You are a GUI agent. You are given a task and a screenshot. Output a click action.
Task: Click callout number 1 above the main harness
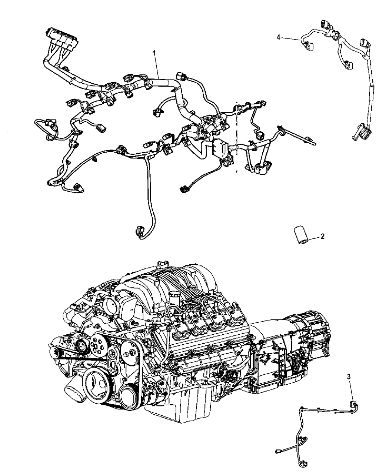[154, 54]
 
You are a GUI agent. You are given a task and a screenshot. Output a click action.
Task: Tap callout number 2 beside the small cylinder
[322, 236]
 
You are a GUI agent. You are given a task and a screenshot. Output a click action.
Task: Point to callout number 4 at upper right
[278, 37]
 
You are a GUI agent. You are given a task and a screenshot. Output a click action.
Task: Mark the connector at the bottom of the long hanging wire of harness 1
[139, 231]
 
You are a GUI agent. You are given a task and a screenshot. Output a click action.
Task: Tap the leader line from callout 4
[291, 39]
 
